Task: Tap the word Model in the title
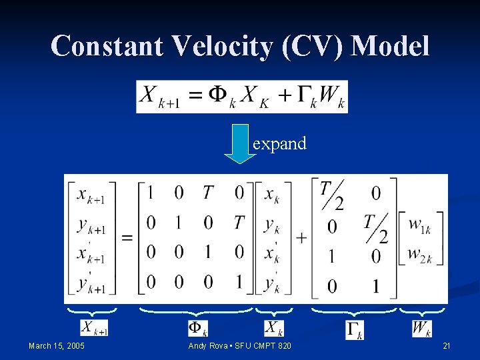tap(391, 46)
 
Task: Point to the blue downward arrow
tap(239, 143)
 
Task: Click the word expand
tap(279, 143)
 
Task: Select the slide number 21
tap(447, 345)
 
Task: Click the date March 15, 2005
tap(57, 345)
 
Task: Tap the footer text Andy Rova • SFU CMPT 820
tap(240, 345)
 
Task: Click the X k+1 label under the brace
tap(94, 328)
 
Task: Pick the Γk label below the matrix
tap(355, 329)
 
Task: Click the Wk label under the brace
tap(421, 329)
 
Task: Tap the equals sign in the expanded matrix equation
tap(127, 237)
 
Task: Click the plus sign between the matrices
tap(301, 237)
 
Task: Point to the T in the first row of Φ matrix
tap(208, 193)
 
